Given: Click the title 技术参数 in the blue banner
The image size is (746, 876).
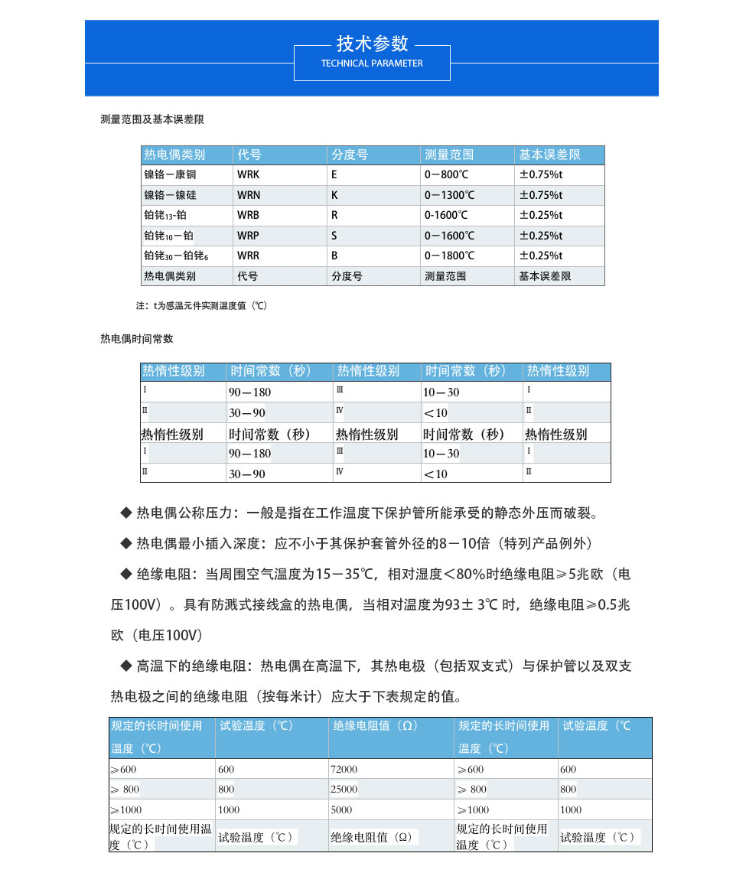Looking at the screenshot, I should pos(373,43).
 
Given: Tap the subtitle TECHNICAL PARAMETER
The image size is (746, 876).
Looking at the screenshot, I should pos(372,64).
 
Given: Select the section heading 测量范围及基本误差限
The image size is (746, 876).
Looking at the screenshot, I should pos(152,119).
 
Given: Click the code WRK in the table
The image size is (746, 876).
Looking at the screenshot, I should pos(248,174).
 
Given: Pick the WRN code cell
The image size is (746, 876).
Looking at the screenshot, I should pos(248,195).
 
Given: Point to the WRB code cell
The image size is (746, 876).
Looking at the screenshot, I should pos(248,215).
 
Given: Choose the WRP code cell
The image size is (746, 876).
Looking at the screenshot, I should pos(248,236).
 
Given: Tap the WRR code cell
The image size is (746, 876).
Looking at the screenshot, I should pos(248,256).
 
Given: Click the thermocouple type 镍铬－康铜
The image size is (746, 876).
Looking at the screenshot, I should pos(170,174).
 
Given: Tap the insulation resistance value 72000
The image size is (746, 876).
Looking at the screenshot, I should pos(344,769).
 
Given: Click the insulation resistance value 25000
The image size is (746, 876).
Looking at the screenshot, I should pos(344,789).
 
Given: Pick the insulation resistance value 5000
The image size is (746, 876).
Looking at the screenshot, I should pos(341,809).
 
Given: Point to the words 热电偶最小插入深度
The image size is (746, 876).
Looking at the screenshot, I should pos(196,543).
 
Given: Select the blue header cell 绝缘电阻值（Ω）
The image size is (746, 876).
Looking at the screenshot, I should pos(375,725).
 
